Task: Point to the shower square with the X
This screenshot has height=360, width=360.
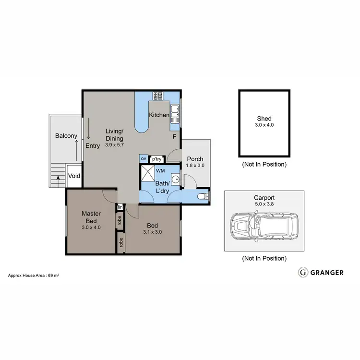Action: click(x=147, y=173)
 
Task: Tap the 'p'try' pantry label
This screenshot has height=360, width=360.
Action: click(x=156, y=159)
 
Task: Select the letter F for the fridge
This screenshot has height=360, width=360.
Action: click(x=175, y=137)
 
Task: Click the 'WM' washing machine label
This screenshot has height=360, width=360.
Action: click(x=160, y=170)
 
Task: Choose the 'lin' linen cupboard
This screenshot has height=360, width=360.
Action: click(x=120, y=207)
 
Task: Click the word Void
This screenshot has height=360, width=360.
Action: click(x=74, y=176)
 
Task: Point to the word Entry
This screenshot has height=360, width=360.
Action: click(x=93, y=146)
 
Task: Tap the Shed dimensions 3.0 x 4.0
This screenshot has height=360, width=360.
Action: click(x=264, y=125)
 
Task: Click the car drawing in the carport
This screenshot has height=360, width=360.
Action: click(x=264, y=227)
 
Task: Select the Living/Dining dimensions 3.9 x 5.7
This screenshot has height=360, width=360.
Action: click(x=115, y=144)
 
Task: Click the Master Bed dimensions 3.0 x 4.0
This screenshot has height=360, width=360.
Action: click(x=91, y=228)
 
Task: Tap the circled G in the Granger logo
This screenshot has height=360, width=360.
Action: click(x=303, y=273)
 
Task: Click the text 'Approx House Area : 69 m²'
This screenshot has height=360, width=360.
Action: click(x=34, y=276)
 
